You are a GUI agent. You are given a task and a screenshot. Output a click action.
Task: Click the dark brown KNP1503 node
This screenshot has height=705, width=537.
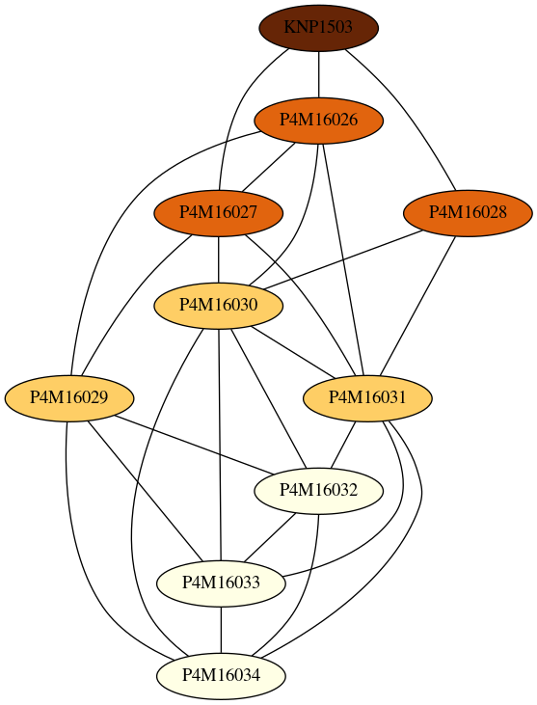pos(318,28)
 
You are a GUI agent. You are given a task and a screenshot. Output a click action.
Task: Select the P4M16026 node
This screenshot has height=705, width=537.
pos(318,121)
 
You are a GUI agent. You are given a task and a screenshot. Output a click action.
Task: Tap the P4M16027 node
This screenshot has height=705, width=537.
pos(219,213)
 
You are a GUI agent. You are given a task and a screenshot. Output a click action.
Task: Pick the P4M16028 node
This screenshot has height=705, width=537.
pos(468,213)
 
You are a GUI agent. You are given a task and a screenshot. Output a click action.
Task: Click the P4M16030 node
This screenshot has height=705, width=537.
pos(219,306)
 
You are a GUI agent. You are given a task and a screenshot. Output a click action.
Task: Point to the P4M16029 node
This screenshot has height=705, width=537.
pos(69,398)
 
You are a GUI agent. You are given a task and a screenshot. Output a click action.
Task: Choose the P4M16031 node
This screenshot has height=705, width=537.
pos(367,398)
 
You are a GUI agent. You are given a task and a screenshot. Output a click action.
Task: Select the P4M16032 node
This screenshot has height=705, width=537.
pos(318,491)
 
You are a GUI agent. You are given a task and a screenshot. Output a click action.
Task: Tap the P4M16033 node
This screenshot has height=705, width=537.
pos(221,583)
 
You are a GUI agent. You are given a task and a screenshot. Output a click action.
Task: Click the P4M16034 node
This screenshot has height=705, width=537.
pos(221,676)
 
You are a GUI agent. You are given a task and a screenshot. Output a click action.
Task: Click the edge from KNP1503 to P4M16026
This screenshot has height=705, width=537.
pos(318,74)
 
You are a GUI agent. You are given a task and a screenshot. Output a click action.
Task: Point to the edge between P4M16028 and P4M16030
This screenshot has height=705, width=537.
pos(344,259)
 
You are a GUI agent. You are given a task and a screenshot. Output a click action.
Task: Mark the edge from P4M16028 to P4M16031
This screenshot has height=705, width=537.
pos(417,306)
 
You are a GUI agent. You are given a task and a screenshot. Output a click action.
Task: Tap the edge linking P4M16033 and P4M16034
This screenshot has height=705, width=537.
pos(221,630)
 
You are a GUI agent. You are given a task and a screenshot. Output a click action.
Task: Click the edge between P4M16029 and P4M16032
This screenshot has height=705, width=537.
pos(193,445)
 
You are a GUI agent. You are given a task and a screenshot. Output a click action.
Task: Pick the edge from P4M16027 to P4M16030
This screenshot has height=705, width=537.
pos(219,259)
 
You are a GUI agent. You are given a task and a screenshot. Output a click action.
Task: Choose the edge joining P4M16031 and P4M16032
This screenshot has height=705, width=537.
pos(343,445)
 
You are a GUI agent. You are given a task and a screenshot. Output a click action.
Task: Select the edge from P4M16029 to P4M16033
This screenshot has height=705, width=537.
pos(145,491)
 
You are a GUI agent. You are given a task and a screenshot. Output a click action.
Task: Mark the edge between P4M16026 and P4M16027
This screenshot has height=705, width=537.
pos(269,166)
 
